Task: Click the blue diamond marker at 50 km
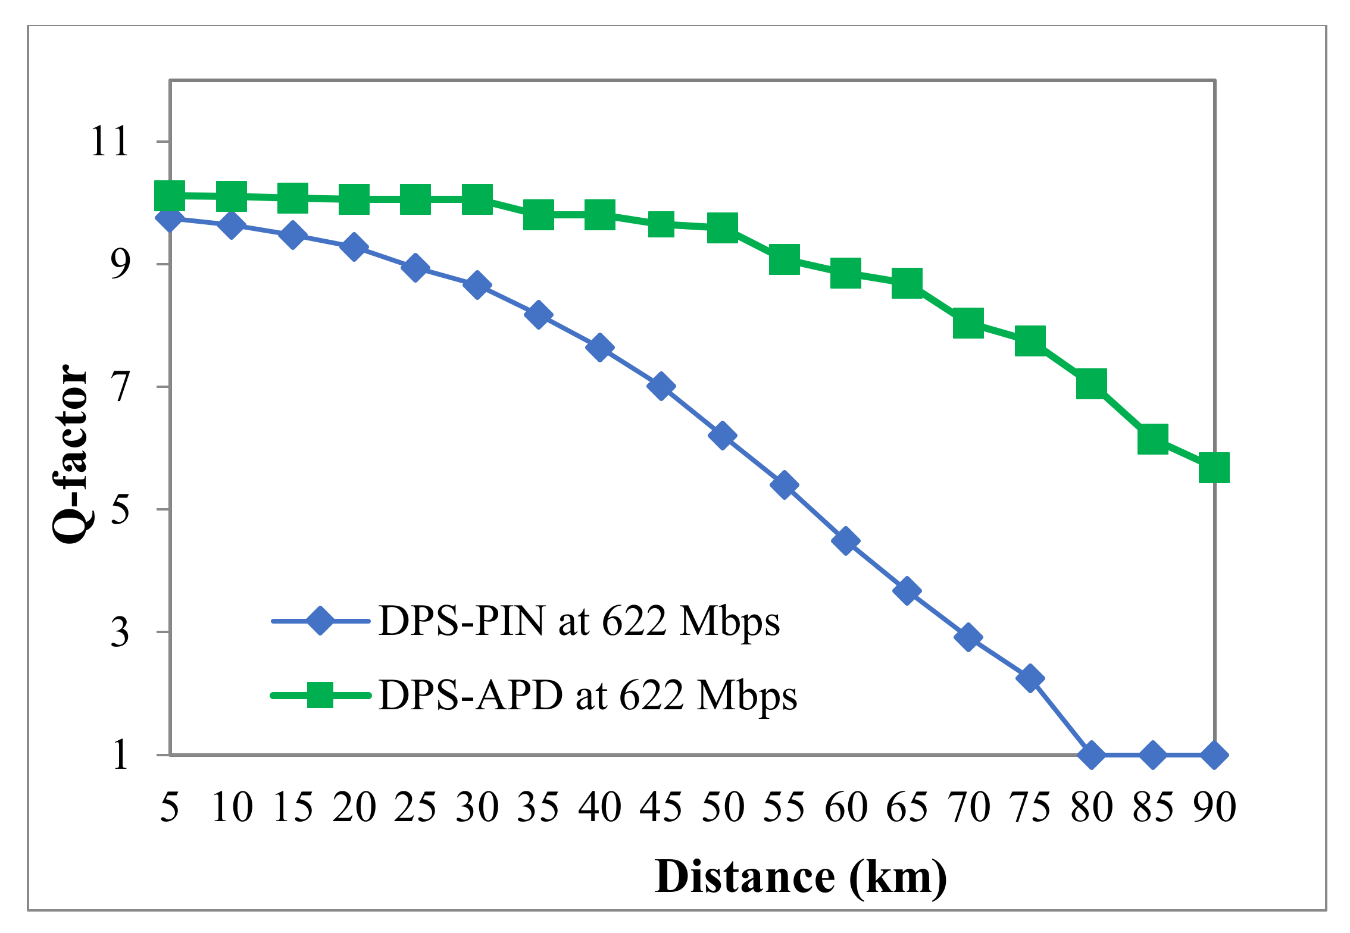tap(722, 436)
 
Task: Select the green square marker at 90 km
tap(1214, 467)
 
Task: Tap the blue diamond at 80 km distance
tap(1091, 755)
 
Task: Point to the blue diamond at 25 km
tap(415, 268)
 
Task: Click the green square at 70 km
tap(968, 323)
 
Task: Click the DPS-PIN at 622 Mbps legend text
tap(579, 622)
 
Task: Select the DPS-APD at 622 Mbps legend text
tap(587, 696)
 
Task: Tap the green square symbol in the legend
tap(320, 695)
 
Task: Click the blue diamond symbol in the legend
tap(320, 621)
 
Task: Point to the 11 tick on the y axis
tap(110, 142)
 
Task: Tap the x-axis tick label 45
tap(661, 808)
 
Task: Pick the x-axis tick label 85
tap(1152, 808)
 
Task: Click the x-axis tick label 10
tap(232, 808)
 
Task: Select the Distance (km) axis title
tap(800, 878)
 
